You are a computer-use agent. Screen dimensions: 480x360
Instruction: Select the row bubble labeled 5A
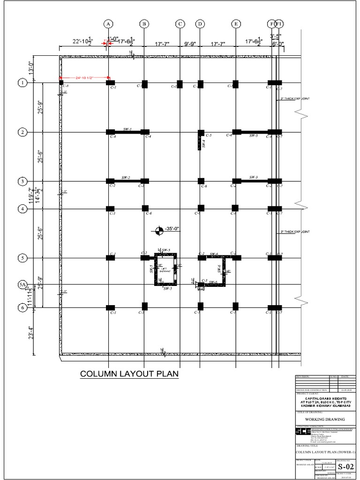22,285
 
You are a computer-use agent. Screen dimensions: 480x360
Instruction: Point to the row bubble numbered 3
22,181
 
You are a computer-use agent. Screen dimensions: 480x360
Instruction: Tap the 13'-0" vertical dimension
32,69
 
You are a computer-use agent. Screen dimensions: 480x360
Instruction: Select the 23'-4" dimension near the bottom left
32,332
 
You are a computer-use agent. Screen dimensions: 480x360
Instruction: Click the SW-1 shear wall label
127,129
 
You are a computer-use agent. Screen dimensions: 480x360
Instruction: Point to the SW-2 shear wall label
126,178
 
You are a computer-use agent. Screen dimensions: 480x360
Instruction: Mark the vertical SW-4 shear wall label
203,144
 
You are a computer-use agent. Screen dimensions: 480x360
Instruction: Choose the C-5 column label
209,135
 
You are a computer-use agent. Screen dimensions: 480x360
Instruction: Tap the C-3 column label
204,281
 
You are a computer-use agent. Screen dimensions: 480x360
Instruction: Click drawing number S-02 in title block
343,467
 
